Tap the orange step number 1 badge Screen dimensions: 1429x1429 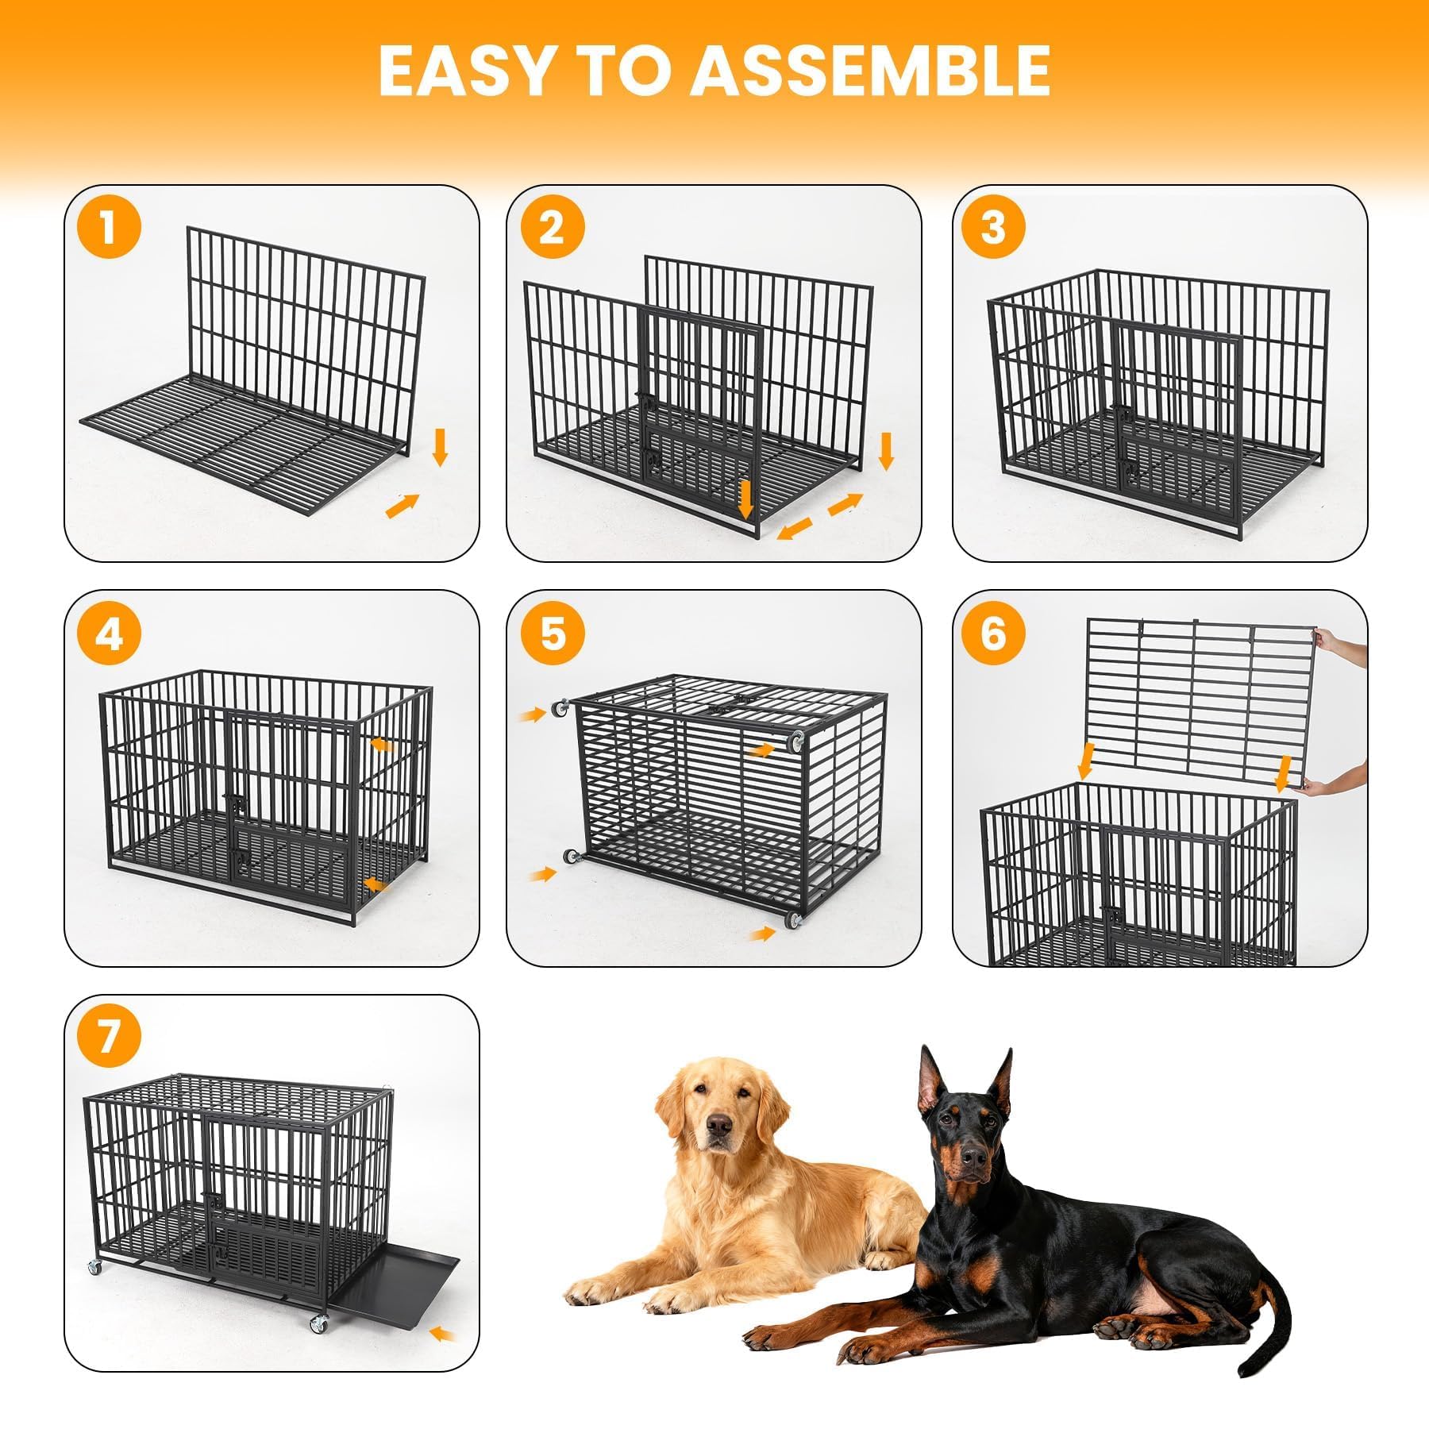tap(109, 227)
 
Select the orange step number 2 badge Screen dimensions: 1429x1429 tap(553, 227)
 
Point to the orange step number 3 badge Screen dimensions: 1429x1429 tap(994, 227)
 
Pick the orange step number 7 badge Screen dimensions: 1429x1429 tap(109, 1037)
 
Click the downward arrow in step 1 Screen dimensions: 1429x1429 tap(441, 447)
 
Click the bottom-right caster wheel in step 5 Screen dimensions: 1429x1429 tap(793, 920)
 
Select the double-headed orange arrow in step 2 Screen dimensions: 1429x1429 tap(820, 515)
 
